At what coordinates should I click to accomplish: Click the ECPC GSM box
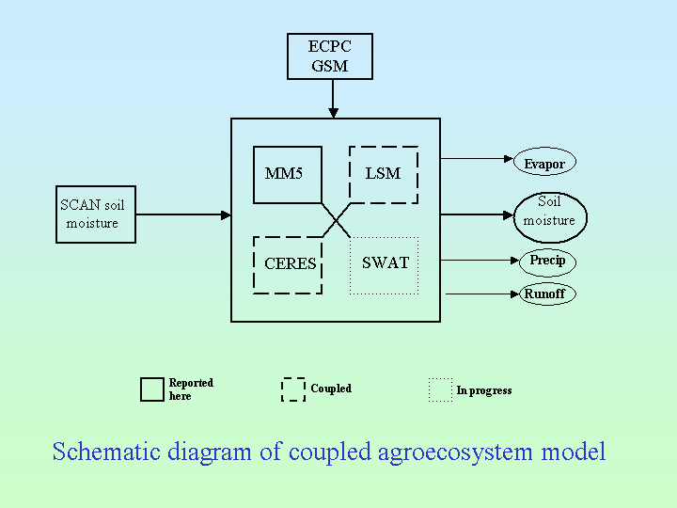(330, 56)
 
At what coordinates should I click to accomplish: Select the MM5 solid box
(288, 175)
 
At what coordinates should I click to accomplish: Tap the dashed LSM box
(384, 175)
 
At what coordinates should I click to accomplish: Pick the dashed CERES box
(288, 264)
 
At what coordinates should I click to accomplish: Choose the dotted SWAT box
(384, 264)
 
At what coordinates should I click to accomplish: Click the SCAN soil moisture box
(95, 214)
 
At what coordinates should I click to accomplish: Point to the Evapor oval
(544, 163)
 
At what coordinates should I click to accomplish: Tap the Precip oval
(547, 261)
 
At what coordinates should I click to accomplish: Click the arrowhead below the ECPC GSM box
(333, 112)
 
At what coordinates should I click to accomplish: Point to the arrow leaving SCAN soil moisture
(183, 214)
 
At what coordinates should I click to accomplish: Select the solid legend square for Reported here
(151, 389)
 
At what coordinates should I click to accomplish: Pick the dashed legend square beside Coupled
(293, 389)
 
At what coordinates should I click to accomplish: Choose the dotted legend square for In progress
(440, 389)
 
